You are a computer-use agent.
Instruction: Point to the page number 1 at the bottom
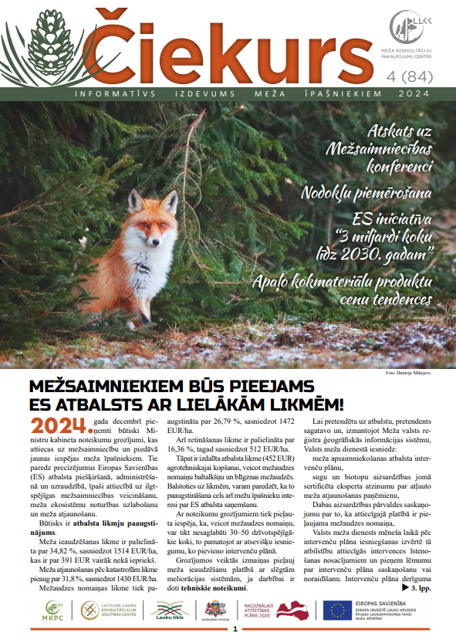pyautogui.click(x=234, y=629)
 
